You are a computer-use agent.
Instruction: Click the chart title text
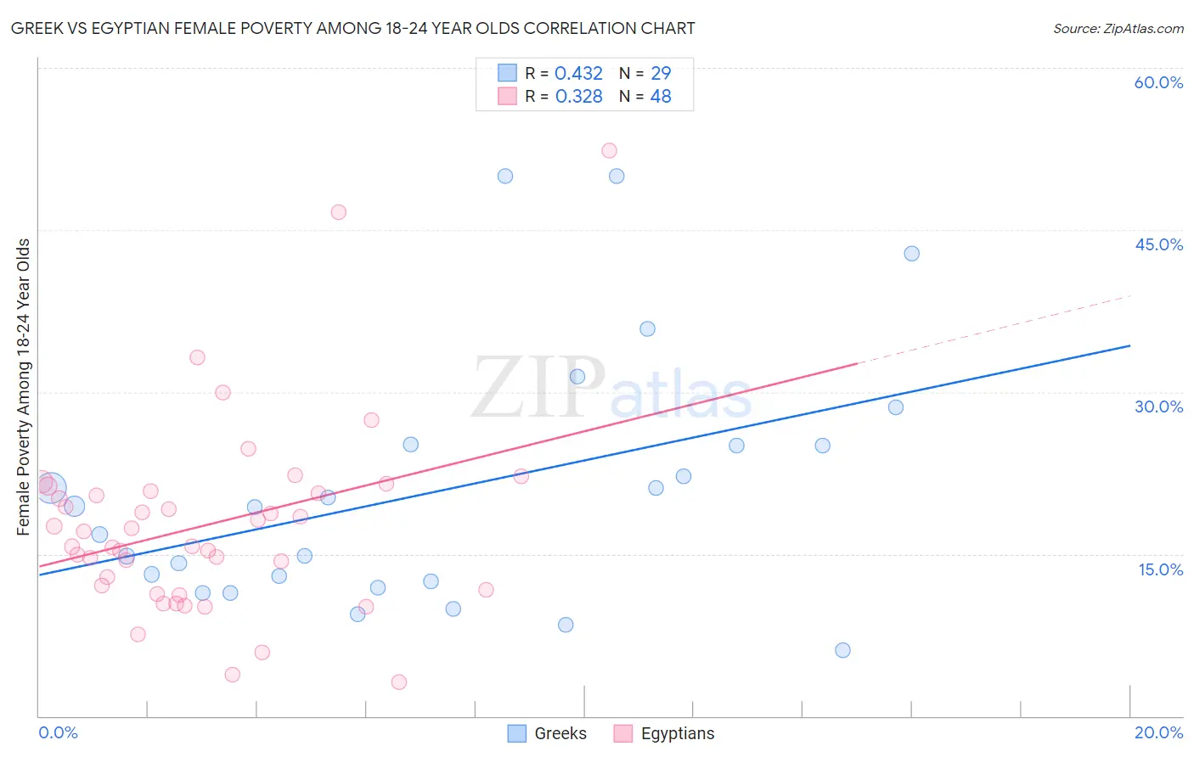(353, 29)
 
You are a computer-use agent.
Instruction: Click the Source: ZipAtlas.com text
(1118, 29)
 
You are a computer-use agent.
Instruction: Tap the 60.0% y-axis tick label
(1158, 82)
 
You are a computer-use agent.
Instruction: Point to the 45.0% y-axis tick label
(1158, 244)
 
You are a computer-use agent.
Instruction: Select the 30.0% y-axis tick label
(1158, 407)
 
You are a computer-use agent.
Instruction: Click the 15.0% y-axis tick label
(1160, 569)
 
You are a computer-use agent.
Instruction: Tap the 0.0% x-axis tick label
(58, 732)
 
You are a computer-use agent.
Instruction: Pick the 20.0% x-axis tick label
(1158, 732)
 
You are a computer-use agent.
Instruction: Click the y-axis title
(24, 387)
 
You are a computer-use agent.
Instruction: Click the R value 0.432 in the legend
(578, 74)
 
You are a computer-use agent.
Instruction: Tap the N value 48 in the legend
(661, 97)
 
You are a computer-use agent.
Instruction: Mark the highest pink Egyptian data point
(609, 151)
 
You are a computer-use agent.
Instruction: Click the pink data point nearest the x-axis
(399, 682)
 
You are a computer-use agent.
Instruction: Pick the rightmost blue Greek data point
(911, 254)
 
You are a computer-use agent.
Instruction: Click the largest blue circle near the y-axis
(51, 488)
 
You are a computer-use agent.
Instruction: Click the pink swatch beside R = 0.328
(507, 96)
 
